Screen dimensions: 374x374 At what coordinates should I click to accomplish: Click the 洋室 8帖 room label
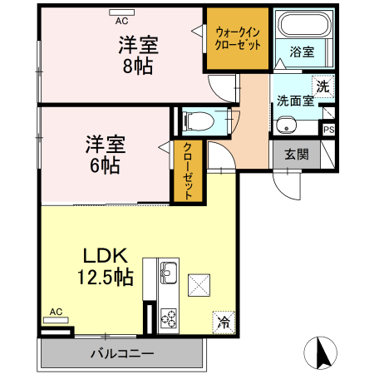click(x=138, y=56)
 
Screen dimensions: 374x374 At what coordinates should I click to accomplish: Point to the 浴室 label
click(x=301, y=52)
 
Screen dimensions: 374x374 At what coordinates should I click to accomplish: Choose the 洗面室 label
click(x=294, y=101)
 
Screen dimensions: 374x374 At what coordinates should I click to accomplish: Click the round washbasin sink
click(x=288, y=126)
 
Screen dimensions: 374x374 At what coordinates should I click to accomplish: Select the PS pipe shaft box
click(x=328, y=130)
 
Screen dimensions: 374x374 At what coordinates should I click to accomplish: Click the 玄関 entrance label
click(x=296, y=154)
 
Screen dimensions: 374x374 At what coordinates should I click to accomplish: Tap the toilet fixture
click(x=192, y=121)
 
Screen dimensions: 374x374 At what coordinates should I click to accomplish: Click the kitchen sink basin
click(x=167, y=273)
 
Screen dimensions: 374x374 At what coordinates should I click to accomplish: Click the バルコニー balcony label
click(x=122, y=354)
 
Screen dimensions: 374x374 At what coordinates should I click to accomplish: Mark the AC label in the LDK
click(x=56, y=312)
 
